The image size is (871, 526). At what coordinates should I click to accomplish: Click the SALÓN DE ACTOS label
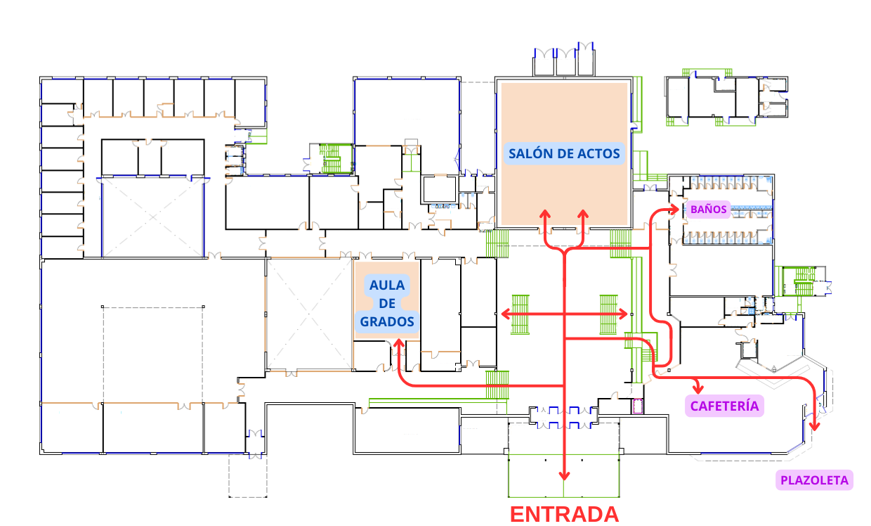tap(564, 153)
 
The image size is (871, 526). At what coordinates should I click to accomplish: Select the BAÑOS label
tap(708, 209)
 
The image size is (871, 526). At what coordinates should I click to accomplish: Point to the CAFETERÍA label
tap(724, 406)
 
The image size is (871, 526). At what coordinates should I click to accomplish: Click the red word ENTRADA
tap(564, 514)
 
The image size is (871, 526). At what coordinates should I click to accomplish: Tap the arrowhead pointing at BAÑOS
tap(676, 208)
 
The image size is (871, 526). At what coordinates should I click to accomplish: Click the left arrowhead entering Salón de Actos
tap(545, 214)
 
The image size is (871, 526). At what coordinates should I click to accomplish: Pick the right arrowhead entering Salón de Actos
tap(582, 214)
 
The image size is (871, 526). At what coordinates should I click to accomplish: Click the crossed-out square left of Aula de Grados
tap(309, 314)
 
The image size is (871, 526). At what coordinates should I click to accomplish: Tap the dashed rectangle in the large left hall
tap(153, 355)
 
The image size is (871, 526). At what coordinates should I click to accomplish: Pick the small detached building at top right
tap(725, 98)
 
